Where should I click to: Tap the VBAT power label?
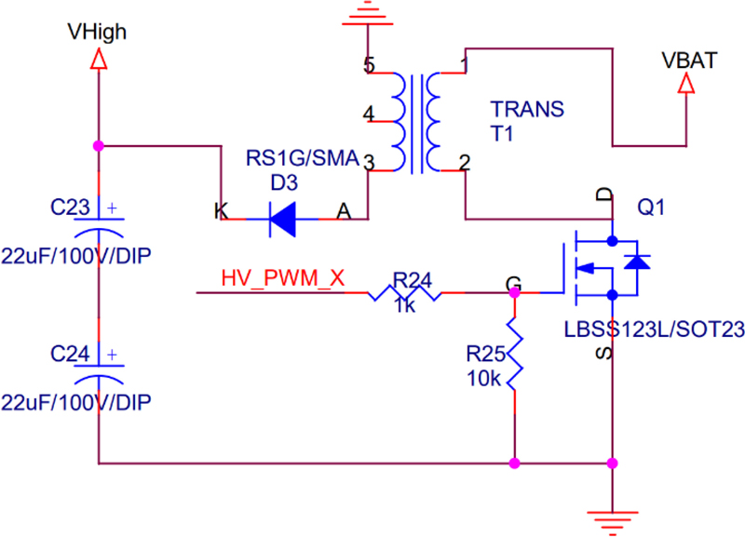(x=689, y=61)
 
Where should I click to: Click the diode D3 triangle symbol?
(x=283, y=220)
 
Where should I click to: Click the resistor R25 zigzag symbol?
(x=514, y=354)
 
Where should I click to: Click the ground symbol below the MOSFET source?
(x=612, y=521)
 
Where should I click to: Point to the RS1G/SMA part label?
(x=302, y=159)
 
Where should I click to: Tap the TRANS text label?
(x=527, y=110)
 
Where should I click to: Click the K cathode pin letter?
(x=221, y=212)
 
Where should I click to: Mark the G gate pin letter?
(x=512, y=283)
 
